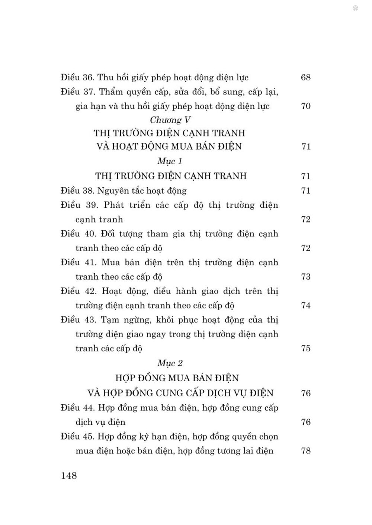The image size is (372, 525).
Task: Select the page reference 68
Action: [305, 78]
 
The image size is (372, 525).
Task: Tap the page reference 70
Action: [305, 106]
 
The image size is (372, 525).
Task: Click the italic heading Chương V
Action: [171, 120]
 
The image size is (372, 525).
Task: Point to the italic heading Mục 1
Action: [170, 161]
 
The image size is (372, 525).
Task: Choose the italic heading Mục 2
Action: [170, 363]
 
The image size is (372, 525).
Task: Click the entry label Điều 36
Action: [77, 78]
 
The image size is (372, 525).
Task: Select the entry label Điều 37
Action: [77, 92]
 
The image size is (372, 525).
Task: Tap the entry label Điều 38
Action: [77, 191]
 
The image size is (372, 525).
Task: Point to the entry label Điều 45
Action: [77, 436]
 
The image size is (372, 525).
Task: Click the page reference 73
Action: [305, 277]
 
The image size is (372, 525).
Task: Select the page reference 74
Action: [305, 305]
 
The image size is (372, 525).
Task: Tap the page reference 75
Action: [305, 349]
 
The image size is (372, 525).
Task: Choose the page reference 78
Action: [305, 451]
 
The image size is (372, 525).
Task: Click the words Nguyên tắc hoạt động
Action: [142, 191]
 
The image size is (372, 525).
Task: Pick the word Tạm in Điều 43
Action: [112, 320]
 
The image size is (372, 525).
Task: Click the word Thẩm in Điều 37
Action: [113, 92]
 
